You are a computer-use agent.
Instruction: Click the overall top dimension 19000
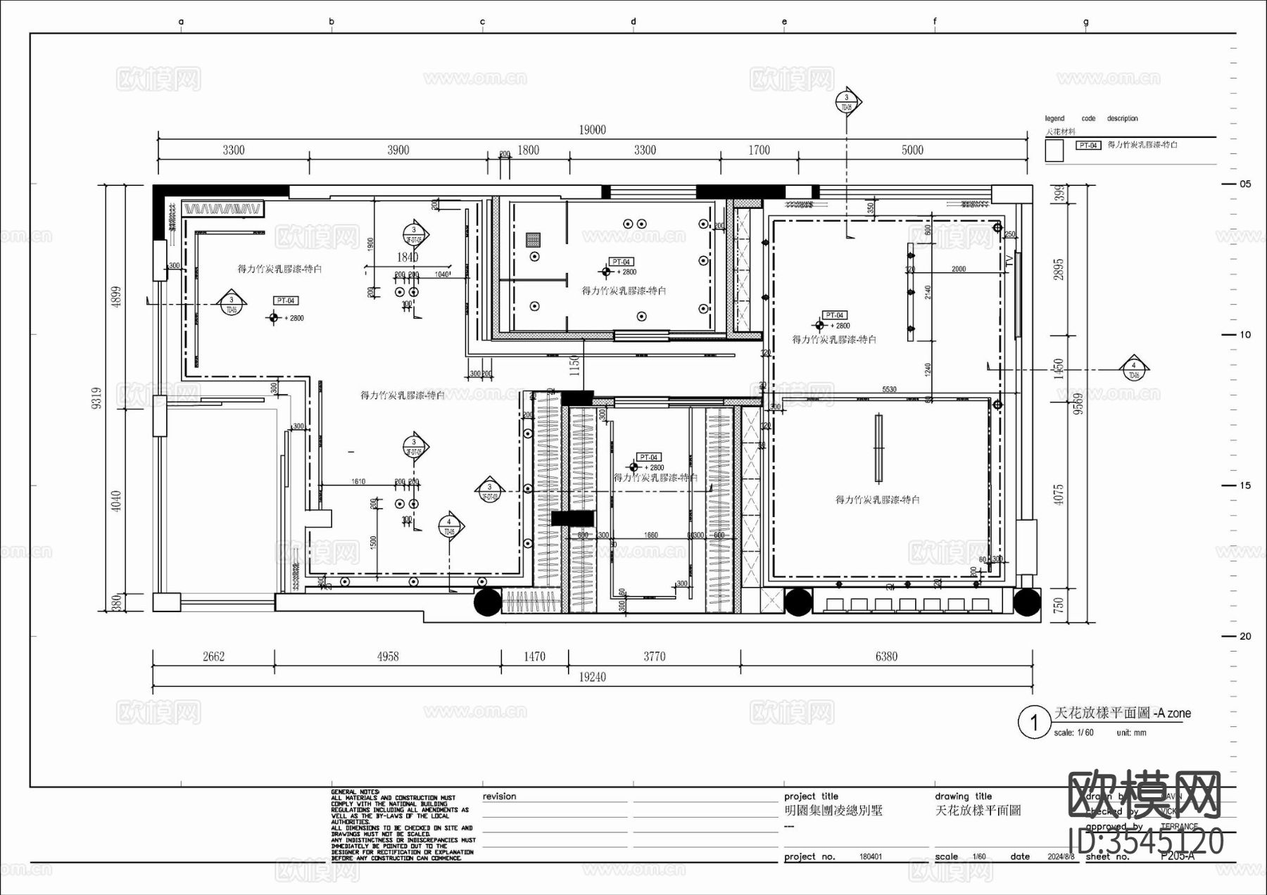tap(592, 129)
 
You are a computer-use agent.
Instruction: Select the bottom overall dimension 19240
tap(592, 677)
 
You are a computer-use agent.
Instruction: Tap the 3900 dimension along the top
tap(398, 150)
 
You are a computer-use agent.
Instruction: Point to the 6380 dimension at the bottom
tap(886, 656)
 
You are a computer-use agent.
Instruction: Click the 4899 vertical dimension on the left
tap(117, 296)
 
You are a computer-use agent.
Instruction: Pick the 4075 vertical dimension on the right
tap(1059, 494)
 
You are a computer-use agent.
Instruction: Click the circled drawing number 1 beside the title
tap(1034, 723)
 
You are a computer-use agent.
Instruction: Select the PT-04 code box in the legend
tap(1088, 146)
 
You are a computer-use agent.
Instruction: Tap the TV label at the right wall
tap(1009, 262)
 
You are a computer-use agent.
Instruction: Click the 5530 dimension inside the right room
tap(889, 389)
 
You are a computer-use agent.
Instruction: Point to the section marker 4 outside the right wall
tap(1133, 367)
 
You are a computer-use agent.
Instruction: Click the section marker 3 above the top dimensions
tap(847, 101)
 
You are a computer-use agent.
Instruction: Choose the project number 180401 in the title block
tap(870, 857)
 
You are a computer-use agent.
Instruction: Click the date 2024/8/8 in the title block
tap(1061, 857)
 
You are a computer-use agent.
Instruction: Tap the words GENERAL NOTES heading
tap(355, 792)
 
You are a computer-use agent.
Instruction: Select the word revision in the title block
tap(499, 796)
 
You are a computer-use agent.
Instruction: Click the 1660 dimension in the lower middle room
tap(651, 535)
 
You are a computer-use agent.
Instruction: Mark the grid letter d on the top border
tap(633, 22)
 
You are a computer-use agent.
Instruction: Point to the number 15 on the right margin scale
tap(1245, 485)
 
